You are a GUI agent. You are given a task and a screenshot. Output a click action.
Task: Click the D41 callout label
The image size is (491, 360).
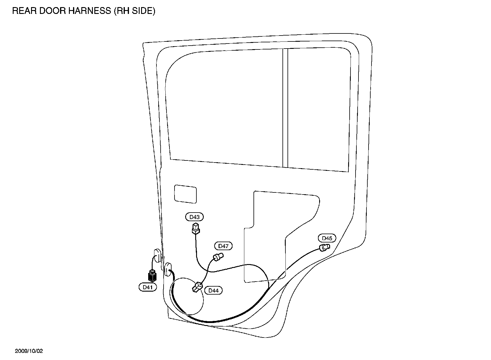[x=148, y=287]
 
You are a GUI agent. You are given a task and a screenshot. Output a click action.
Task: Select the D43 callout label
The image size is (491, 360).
[x=195, y=217]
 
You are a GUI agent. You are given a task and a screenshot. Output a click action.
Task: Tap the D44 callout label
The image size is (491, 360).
[x=213, y=290]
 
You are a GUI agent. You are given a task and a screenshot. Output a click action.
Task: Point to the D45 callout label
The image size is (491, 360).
[x=327, y=238]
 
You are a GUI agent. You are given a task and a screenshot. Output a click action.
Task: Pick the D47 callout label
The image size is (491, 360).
[x=223, y=246]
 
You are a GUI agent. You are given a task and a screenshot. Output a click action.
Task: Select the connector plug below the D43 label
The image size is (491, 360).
[x=195, y=229]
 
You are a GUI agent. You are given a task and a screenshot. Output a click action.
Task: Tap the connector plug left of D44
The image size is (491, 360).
[x=197, y=287]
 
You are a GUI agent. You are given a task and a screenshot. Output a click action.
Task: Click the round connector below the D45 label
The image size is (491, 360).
[x=324, y=247]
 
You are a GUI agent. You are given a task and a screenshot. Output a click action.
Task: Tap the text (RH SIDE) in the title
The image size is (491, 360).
[x=134, y=11]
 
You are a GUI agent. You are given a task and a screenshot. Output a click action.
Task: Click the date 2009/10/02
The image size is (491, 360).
[x=29, y=351]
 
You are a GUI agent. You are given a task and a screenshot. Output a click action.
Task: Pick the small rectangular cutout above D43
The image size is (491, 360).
[x=185, y=194]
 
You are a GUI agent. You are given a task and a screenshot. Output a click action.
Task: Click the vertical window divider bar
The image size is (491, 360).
[x=285, y=108]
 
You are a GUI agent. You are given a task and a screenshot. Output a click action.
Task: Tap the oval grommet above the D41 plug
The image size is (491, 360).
[x=157, y=255]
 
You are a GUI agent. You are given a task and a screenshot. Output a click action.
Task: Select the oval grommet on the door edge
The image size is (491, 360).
[x=168, y=269]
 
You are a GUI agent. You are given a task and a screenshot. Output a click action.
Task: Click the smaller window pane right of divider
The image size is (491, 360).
[x=319, y=110]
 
